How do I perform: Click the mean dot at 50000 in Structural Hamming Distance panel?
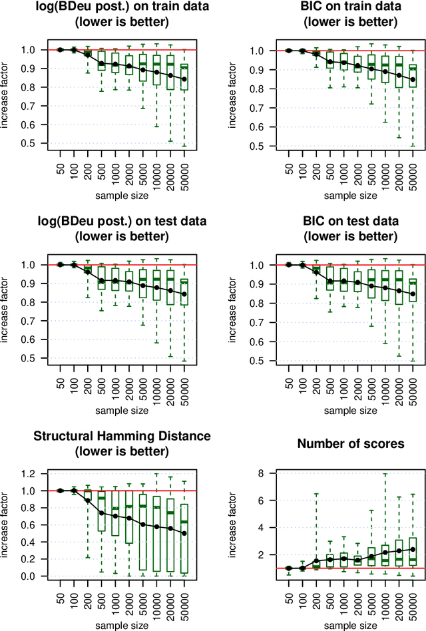coord(185,533)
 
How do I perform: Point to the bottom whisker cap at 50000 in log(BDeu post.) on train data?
coord(185,146)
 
